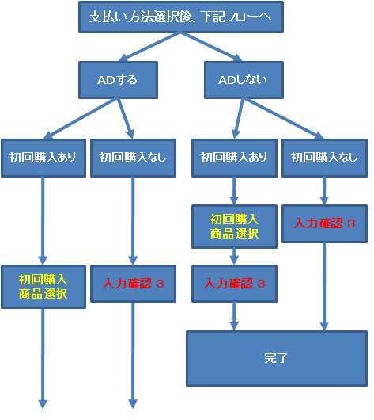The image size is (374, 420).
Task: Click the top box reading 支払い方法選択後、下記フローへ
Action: pyautogui.click(x=181, y=17)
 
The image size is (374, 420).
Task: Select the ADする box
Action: pyautogui.click(x=118, y=80)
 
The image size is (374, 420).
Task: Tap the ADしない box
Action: pyautogui.click(x=244, y=80)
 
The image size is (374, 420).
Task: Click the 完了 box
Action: pyautogui.click(x=277, y=359)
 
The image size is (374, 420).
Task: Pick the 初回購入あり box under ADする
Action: pyautogui.click(x=43, y=158)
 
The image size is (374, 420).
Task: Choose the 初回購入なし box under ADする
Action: pyautogui.click(x=133, y=158)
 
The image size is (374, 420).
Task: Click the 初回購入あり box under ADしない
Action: pyautogui.click(x=234, y=158)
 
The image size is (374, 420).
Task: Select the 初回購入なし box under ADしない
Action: pyautogui.click(x=324, y=158)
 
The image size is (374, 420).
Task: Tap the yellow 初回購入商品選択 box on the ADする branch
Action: pyautogui.click(x=43, y=287)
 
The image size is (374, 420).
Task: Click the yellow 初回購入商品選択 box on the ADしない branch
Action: pyautogui.click(x=234, y=227)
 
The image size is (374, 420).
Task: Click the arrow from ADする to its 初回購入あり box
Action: pyautogui.click(x=81, y=119)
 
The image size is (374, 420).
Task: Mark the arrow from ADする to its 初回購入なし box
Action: pyautogui.click(x=126, y=119)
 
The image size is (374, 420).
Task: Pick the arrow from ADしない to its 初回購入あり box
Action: pyautogui.click(x=238, y=119)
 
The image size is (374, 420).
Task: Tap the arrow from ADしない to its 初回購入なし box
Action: pyautogui.click(x=283, y=119)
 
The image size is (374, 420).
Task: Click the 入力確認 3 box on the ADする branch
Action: pyautogui.click(x=133, y=284)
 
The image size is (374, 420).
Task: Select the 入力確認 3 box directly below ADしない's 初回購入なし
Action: pyautogui.click(x=324, y=224)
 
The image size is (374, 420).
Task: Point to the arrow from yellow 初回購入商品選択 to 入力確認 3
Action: pyautogui.click(x=234, y=257)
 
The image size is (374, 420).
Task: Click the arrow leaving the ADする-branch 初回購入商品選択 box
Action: pyautogui.click(x=43, y=359)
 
